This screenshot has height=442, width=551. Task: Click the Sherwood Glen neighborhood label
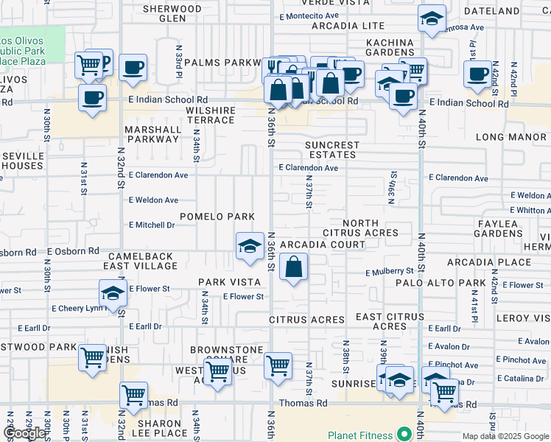pos(172,13)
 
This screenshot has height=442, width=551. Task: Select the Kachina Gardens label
pos(379,49)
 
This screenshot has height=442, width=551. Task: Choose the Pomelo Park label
pos(217,217)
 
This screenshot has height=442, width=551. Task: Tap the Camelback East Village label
pos(138,261)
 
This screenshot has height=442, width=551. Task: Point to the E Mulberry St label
pos(390,273)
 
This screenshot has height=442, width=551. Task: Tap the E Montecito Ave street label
pos(309,15)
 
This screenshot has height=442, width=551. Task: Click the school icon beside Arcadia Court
pos(250,246)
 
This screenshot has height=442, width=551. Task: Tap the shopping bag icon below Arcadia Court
pos(294,268)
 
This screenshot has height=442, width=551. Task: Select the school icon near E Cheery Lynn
pos(113,293)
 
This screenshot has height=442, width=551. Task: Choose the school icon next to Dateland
pos(431,20)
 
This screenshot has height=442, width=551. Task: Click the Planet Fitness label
pos(360,435)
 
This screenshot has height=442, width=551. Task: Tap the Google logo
pos(25,434)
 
